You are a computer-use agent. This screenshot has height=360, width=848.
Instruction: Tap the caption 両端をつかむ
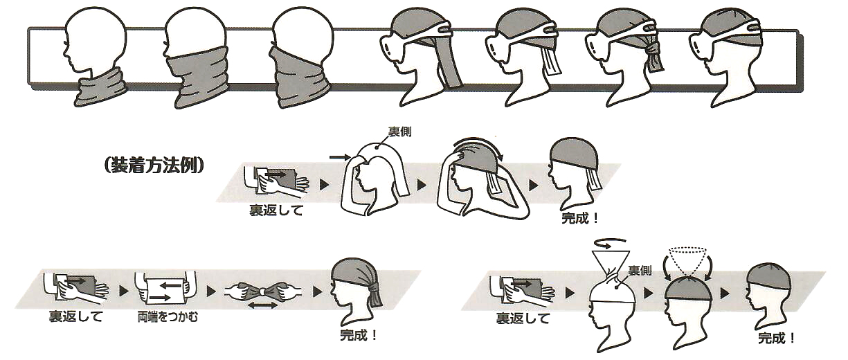[x=168, y=316]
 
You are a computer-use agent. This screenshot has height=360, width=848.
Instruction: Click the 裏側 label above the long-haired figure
[x=400, y=132]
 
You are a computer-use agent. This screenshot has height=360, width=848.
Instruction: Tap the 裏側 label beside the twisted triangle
[x=640, y=270]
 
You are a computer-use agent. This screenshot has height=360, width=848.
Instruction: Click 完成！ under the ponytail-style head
[x=359, y=335]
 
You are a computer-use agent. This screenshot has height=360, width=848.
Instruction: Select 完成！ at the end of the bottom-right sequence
[x=777, y=338]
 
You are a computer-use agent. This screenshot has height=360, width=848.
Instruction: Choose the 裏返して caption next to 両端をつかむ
[x=75, y=316]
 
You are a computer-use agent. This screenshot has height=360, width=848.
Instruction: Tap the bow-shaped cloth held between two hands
[x=262, y=291]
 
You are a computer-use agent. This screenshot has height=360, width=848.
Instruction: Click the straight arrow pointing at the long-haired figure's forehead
[x=338, y=156]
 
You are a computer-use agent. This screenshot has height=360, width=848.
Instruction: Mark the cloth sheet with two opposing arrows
[x=166, y=291]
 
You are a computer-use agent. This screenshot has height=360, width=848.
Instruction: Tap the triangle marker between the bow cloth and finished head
[x=318, y=291]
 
